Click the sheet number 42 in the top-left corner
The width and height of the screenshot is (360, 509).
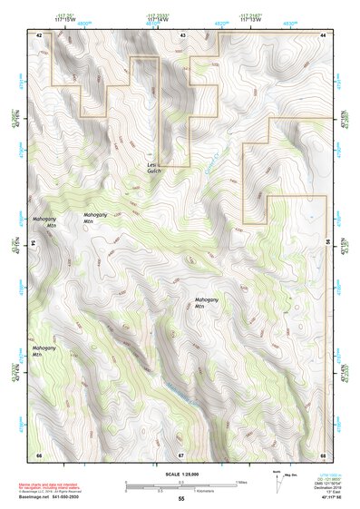(x=39, y=34)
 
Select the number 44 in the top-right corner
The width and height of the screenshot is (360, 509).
(x=323, y=34)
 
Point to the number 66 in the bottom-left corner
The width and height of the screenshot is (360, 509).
(x=39, y=454)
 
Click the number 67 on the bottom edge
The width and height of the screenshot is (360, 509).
(x=181, y=454)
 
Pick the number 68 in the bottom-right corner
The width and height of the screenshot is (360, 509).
(x=323, y=454)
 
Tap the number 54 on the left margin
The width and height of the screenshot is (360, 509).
(x=33, y=243)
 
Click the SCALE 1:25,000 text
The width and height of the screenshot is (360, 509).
(x=180, y=475)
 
